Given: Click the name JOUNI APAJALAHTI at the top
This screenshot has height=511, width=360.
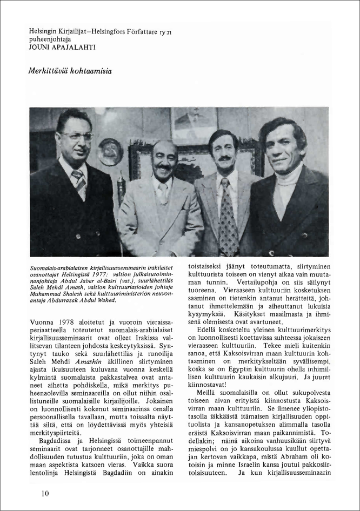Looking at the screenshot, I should pos(63,47).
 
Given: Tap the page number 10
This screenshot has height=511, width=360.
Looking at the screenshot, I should pos(45,493).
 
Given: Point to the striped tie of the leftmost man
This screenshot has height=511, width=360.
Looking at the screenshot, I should pos(79,181).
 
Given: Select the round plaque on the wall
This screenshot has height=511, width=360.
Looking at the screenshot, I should pos(110,151).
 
